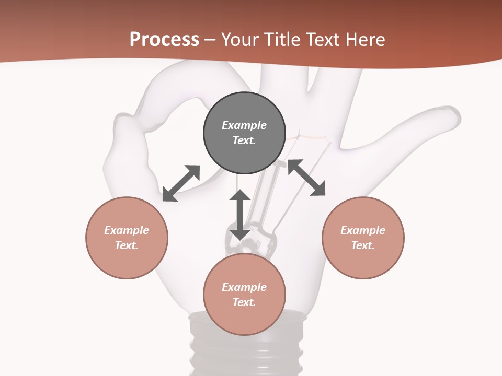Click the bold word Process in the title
click(x=164, y=40)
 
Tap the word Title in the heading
click(x=282, y=40)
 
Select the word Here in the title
click(x=364, y=40)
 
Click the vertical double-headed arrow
click(x=240, y=215)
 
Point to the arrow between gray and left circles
click(x=181, y=183)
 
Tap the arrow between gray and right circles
click(x=306, y=178)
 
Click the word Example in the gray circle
click(x=244, y=125)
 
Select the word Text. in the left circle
click(x=127, y=245)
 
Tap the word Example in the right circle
click(x=363, y=230)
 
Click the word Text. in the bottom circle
click(x=244, y=302)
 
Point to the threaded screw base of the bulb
click(x=246, y=355)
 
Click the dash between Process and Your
click(x=210, y=40)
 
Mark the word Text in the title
click(x=323, y=40)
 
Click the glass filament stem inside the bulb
click(x=261, y=204)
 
